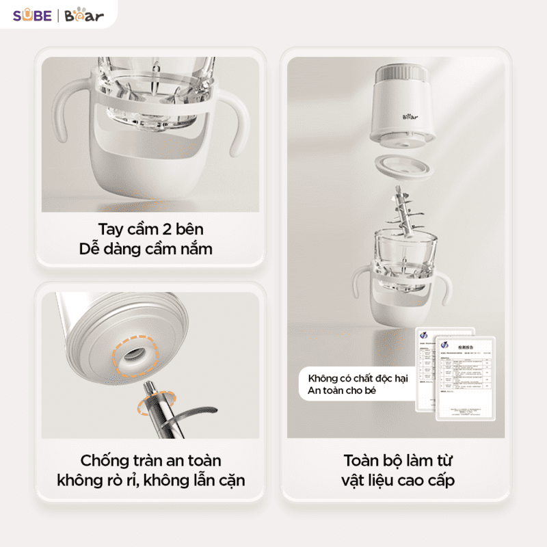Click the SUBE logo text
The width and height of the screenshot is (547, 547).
coord(32,15)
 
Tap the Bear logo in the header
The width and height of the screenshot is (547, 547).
coord(84,15)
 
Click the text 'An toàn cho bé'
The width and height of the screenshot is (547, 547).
coord(342,391)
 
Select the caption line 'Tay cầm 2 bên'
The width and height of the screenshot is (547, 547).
coord(150,228)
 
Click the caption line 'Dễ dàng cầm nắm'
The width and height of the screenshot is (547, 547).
coord(150,249)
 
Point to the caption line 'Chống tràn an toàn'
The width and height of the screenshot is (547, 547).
coord(150,461)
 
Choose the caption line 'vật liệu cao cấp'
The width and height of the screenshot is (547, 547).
coord(398,481)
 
